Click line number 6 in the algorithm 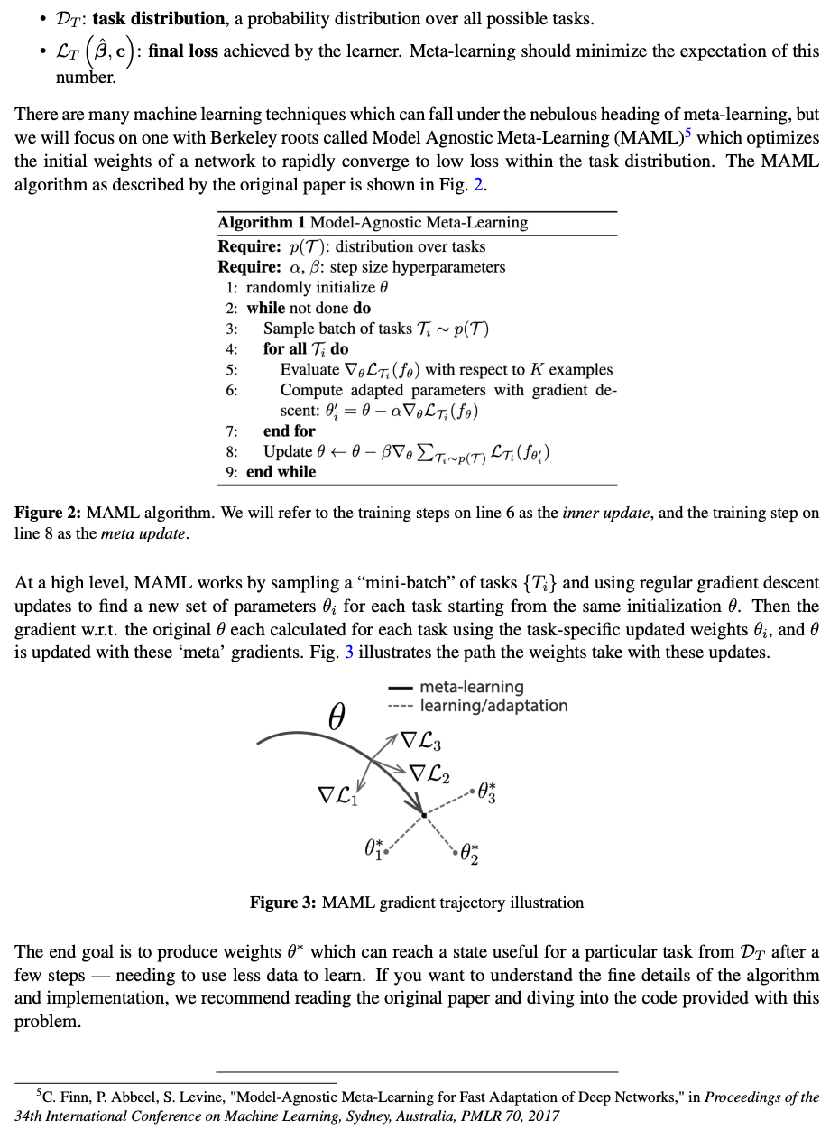pos(232,390)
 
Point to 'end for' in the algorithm pos(289,431)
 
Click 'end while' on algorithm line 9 pos(281,472)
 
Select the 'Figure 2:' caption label pos(48,513)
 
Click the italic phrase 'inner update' pos(607,513)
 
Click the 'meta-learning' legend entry pos(471,688)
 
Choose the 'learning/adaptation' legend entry pos(493,706)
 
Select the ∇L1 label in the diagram pos(337,795)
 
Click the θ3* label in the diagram pos(486,792)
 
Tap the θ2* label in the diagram pos(469,852)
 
